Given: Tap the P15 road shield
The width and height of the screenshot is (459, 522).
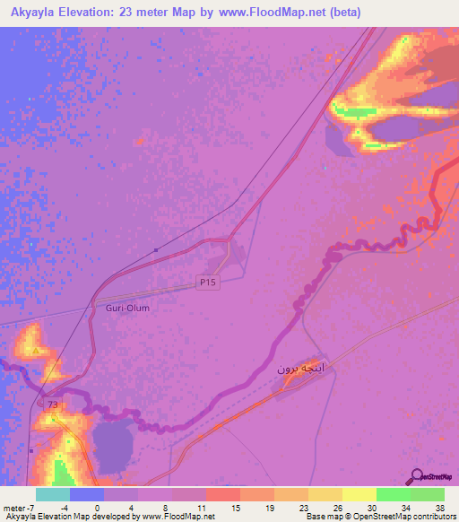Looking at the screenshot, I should (207, 283).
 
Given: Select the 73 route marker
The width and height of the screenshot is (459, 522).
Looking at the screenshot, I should (54, 405).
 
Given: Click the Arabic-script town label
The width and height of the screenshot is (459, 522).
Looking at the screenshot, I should (298, 368).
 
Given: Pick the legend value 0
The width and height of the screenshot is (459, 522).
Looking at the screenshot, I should (96, 507).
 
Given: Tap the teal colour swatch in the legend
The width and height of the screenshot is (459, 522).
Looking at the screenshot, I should (53, 494).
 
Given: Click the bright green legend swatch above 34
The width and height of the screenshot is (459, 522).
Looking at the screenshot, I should (393, 494).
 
